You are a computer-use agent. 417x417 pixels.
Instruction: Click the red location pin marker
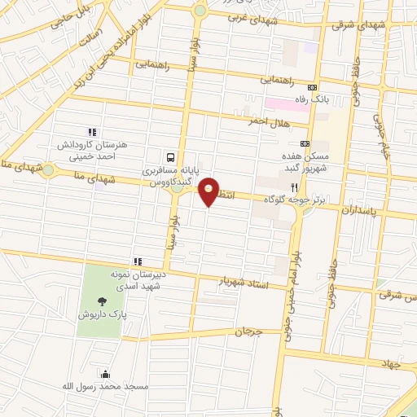211,191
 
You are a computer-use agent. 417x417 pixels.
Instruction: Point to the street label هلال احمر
269,121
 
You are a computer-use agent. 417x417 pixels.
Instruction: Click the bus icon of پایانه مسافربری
170,156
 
